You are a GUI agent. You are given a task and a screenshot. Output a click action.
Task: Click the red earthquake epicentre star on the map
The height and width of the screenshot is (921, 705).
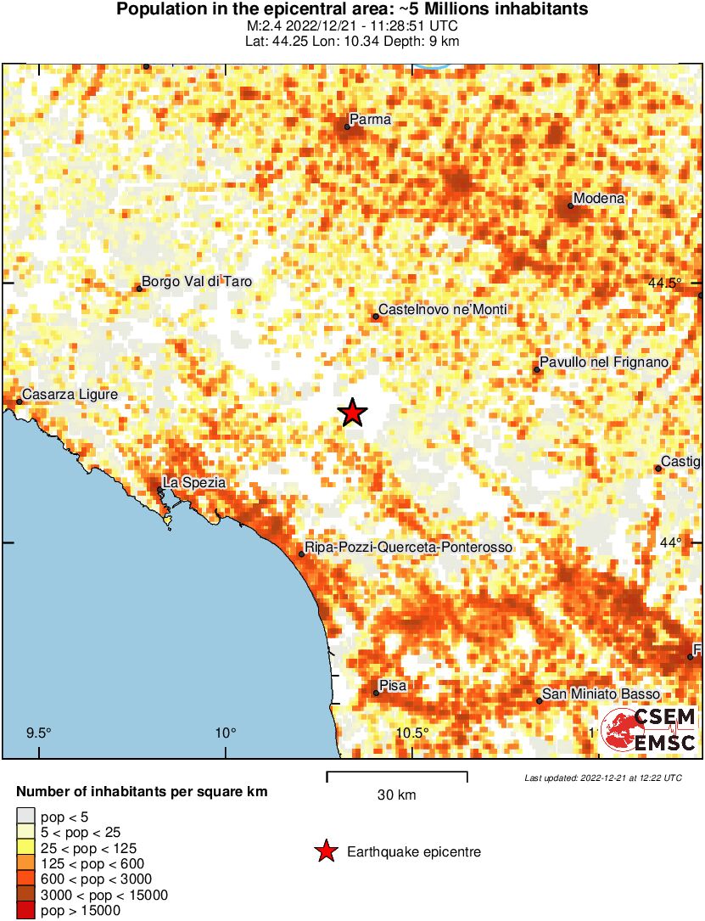353,413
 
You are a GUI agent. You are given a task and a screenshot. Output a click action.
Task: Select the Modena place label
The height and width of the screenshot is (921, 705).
599,199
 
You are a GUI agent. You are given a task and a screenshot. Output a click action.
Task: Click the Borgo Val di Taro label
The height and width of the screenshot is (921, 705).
197,282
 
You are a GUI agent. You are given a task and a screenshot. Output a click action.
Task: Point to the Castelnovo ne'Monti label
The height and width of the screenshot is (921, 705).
442,310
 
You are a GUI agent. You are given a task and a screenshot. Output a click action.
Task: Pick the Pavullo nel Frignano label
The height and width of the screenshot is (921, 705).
605,363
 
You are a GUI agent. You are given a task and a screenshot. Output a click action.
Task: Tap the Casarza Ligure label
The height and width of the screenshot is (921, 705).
70,395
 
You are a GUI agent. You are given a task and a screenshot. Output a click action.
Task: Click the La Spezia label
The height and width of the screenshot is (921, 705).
194,482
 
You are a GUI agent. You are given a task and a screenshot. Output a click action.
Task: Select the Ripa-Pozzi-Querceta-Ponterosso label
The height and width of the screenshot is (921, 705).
408,548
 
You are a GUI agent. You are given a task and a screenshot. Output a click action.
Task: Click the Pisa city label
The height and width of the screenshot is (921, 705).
394,686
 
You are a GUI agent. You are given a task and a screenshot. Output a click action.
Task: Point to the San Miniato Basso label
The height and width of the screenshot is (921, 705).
601,694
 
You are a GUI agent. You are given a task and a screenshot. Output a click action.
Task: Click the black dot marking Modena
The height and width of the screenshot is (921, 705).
571,205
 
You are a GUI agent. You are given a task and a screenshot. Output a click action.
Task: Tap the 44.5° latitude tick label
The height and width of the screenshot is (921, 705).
661,283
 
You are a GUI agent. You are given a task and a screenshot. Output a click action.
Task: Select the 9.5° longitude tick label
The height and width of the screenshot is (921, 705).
39,733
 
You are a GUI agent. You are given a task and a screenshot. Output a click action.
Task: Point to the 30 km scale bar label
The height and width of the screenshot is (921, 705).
397,795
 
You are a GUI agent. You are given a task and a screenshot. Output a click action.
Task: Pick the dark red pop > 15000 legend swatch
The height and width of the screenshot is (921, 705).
26,911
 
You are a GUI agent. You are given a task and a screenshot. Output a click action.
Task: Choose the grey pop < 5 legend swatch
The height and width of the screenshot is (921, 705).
26,817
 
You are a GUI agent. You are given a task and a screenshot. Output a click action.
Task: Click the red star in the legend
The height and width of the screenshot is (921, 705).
325,851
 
